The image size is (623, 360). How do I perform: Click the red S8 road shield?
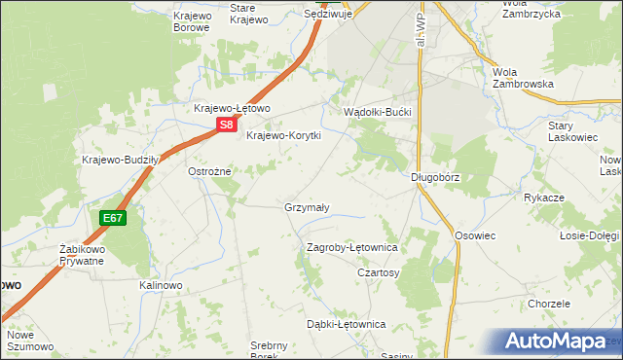coord(226,125)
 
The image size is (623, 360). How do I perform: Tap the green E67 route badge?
coord(112,218)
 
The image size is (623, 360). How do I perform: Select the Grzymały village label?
coord(307,207)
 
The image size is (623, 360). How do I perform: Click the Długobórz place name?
coord(434,177)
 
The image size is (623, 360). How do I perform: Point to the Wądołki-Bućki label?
coord(379,113)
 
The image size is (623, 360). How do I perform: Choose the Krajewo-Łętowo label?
coord(232,108)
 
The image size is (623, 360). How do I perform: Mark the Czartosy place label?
coord(379,273)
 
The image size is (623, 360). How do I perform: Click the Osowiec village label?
coord(475,235)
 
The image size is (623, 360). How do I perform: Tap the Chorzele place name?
coord(549,304)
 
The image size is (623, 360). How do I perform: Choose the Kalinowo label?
coord(161,285)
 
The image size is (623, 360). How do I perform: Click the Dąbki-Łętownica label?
coord(347,324)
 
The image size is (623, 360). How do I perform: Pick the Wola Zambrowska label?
coord(523,78)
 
